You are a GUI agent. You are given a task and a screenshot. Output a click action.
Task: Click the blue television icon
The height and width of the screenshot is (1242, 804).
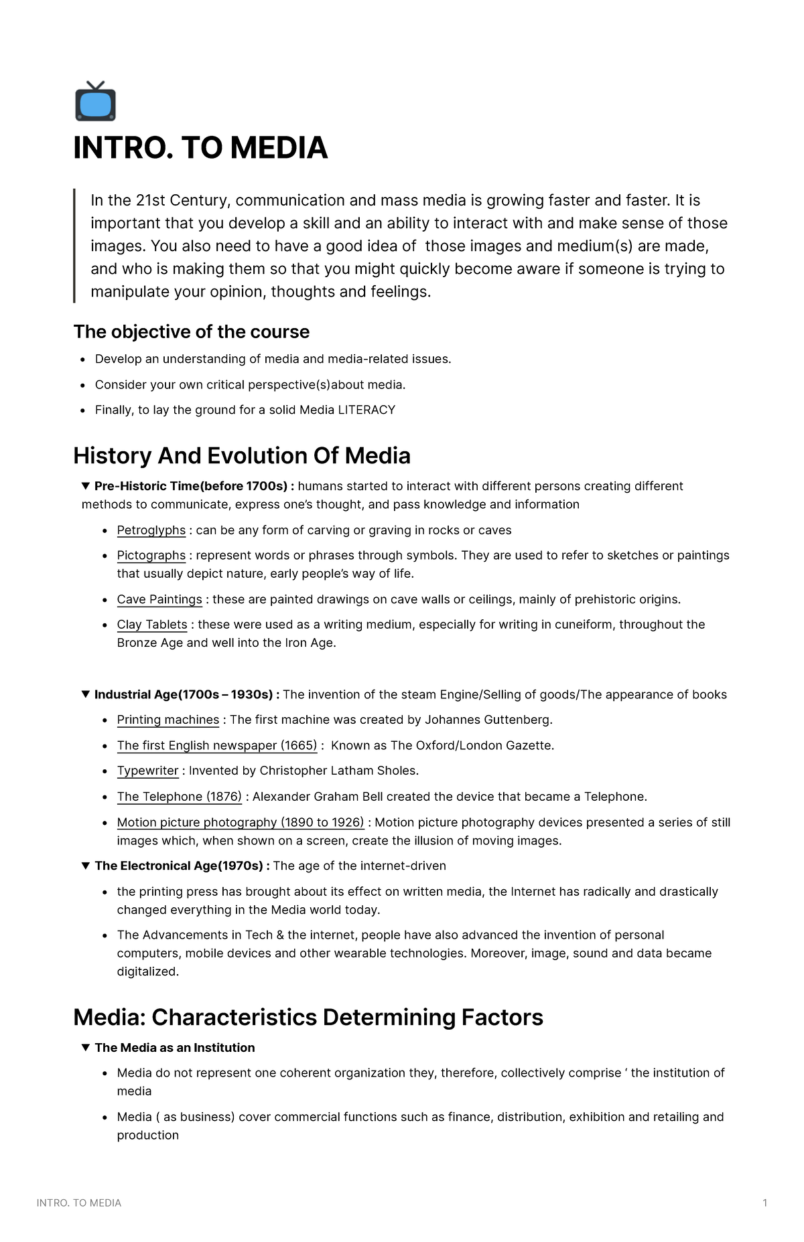[x=95, y=102]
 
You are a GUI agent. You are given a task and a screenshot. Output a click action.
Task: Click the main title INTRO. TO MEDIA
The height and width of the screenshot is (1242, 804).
[x=200, y=148]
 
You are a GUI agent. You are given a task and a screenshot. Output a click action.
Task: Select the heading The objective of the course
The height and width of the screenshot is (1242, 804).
[x=192, y=332]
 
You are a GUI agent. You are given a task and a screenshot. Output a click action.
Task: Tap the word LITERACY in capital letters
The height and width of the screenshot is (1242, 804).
[x=366, y=410]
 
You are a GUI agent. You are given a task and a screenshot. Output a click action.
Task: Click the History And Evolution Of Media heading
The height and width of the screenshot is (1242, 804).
[x=242, y=456]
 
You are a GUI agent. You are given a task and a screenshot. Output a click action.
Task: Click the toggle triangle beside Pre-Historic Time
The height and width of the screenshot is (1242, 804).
[x=85, y=485]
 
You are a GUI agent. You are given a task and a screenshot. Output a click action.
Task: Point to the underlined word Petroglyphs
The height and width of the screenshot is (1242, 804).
[x=151, y=530]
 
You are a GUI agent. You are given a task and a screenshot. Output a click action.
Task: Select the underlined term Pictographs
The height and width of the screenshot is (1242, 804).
[x=151, y=555]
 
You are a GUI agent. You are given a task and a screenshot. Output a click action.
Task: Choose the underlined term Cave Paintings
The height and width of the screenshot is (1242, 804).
[x=159, y=599]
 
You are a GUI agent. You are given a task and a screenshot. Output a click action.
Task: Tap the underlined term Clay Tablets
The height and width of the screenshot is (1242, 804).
[x=152, y=625]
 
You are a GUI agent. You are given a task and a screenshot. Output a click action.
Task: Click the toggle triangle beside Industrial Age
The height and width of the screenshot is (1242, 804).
[x=85, y=694]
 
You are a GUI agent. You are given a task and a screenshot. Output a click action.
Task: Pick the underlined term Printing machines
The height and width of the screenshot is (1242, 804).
[x=167, y=720]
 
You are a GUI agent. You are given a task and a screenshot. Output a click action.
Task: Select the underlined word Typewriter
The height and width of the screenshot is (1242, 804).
[x=147, y=771]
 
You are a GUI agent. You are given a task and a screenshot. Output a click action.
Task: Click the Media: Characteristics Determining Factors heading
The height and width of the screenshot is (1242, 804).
[x=308, y=1018]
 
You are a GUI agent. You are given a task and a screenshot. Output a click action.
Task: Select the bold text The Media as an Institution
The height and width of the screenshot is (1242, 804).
[x=174, y=1048]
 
